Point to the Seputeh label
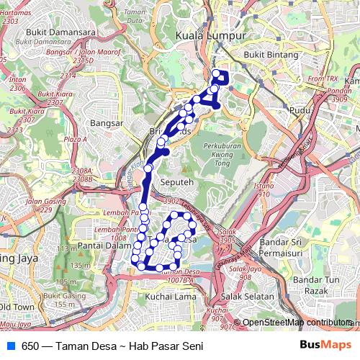coord(177,183)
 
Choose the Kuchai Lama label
coord(171,296)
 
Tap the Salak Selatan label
coord(248,296)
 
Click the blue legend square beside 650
coord(10,346)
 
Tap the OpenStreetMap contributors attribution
coord(297,323)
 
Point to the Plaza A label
coord(75,138)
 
